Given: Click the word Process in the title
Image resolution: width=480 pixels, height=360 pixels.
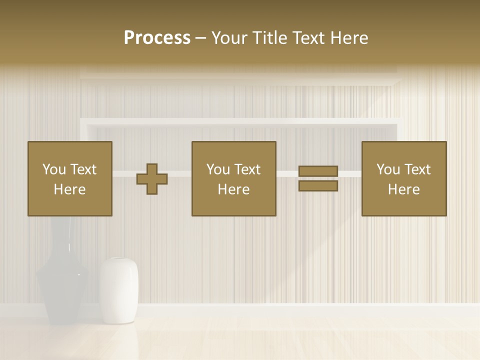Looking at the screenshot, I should pos(157,38).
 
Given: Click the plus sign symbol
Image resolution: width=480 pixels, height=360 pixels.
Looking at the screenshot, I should pos(152,179).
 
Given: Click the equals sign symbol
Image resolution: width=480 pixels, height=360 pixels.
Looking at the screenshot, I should pos(318,179).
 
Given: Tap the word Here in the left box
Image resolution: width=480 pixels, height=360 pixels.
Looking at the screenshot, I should pos(70,189).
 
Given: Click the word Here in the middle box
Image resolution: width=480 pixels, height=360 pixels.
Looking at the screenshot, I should pos(234,189).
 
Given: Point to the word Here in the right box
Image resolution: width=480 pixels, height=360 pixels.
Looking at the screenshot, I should pos(404,189).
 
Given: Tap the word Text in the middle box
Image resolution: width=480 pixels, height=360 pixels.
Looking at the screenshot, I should pos(247,169).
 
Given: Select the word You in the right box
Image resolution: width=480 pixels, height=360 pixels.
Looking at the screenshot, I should pos(388,169).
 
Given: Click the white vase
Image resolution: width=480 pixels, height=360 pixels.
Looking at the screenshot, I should pos(118,290).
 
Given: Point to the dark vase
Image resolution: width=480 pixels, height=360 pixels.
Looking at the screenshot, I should pos(62,285).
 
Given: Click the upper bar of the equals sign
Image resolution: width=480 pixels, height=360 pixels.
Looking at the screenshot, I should pos(318,171).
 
